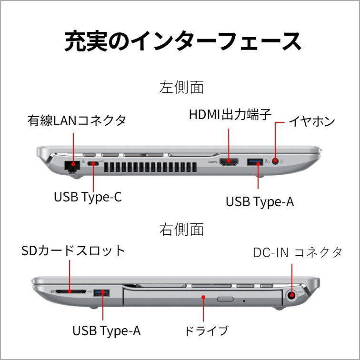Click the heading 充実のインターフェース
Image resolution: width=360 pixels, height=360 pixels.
[182, 41]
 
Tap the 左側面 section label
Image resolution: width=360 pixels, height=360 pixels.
[181, 87]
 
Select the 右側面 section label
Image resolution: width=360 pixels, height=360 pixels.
[181, 230]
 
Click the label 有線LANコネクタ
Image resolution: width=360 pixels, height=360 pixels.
[77, 120]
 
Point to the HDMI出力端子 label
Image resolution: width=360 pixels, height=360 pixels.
[230, 114]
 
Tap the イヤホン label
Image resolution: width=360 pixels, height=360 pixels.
[311, 121]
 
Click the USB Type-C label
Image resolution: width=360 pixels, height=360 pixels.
[88, 197]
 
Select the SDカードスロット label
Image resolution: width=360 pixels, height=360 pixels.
[73, 250]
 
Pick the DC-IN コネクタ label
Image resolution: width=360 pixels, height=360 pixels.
[298, 252]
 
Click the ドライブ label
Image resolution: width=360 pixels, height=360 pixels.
[206, 330]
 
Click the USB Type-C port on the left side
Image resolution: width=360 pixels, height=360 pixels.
[93, 163]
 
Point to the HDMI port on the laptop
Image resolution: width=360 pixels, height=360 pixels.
[229, 162]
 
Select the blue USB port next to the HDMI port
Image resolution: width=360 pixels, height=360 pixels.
[255, 162]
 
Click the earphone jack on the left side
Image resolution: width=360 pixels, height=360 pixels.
[275, 161]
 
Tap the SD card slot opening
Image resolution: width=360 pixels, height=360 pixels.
[71, 291]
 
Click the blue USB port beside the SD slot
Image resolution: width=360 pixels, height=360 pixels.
[101, 293]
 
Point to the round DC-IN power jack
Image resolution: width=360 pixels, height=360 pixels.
[291, 295]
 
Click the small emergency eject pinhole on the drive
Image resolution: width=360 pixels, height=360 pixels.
[244, 301]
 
